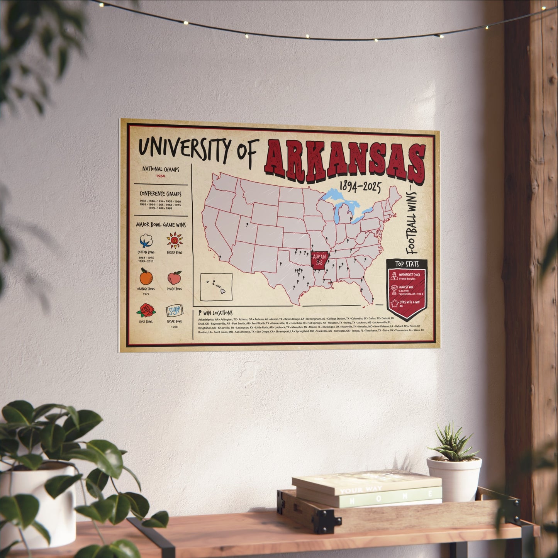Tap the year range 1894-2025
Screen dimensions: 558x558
pos(360,187)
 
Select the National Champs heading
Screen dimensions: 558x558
pos(161,169)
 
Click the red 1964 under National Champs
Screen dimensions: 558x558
pos(160,176)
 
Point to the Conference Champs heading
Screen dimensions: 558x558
pos(161,194)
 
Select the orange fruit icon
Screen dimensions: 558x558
pos(146,276)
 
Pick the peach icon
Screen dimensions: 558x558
pos(175,278)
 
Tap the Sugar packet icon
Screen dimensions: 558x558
pos(174,311)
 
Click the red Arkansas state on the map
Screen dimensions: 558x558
pos(319,259)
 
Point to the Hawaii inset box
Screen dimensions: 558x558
pos(216,287)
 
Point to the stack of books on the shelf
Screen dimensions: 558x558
pos(367,488)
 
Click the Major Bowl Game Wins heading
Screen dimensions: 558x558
pos(161,225)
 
